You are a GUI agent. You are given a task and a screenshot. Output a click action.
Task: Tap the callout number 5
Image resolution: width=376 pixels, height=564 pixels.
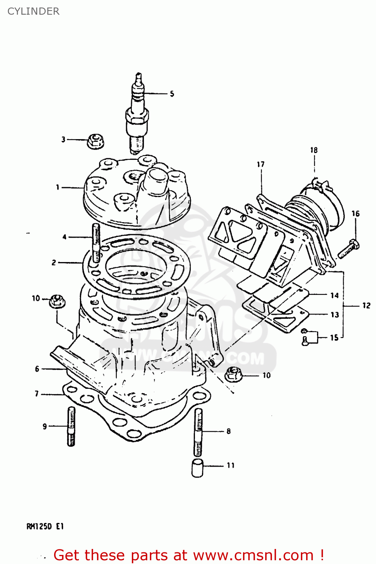coord(172,94)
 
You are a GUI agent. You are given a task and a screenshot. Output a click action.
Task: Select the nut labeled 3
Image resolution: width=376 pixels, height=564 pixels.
coord(95,141)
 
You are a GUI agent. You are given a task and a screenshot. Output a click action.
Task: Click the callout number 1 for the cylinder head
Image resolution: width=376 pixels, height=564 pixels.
coord(57,187)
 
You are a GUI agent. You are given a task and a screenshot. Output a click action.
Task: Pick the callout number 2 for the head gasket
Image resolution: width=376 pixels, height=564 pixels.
coord(54,262)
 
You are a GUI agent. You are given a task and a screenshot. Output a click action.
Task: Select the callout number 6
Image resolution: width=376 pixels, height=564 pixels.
coord(37,369)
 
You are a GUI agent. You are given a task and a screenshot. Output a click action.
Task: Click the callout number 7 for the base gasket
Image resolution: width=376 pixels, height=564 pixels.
coord(37,394)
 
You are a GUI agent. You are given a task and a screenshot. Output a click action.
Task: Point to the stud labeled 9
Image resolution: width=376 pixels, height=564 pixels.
coord(71,426)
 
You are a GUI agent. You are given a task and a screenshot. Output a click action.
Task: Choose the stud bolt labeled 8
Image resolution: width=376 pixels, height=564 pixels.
coord(198,432)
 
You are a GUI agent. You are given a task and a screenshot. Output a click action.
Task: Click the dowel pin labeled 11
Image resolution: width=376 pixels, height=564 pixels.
coord(197,468)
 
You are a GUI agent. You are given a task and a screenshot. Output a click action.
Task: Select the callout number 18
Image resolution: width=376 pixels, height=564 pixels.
coord(314,150)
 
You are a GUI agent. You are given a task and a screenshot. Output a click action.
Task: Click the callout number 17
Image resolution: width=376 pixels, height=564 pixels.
coord(261,164)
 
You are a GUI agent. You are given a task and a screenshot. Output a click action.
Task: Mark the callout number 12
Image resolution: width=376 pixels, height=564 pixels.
coord(366,306)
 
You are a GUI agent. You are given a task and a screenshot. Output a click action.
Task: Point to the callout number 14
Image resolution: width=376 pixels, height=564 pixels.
coord(334,296)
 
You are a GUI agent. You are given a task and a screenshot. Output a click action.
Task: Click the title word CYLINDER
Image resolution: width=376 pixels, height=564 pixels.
coord(33,11)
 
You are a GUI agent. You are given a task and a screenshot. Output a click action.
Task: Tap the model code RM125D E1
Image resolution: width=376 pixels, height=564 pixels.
coord(45,526)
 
